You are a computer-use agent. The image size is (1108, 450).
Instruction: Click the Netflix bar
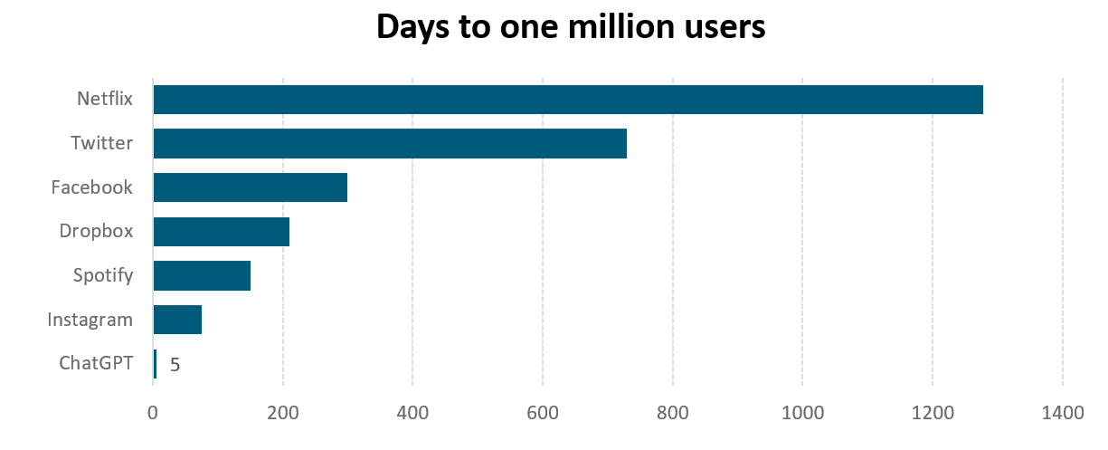click(x=568, y=100)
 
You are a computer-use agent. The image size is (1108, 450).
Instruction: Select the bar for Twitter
click(x=390, y=144)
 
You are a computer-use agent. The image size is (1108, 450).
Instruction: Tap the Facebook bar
click(x=251, y=187)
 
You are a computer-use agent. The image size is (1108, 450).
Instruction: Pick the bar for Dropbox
click(x=222, y=232)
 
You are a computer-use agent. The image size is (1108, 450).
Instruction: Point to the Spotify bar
click(x=202, y=275)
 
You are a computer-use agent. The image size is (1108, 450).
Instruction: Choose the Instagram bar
click(x=177, y=320)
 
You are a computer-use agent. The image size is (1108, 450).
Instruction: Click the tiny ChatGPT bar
click(x=155, y=364)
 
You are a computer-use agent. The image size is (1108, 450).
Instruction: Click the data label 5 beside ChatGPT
click(x=175, y=366)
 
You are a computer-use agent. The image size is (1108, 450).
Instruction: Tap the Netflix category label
click(x=105, y=100)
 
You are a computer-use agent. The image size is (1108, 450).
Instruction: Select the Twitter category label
click(x=102, y=144)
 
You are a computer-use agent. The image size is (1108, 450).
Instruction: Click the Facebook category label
click(x=92, y=188)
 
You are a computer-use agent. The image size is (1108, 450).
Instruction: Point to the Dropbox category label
click(x=96, y=232)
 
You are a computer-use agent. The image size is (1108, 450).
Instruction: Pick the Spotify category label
click(x=103, y=275)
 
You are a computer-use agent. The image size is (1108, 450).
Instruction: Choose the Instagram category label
click(x=90, y=321)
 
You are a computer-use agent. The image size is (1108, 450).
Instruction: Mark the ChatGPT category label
click(x=96, y=364)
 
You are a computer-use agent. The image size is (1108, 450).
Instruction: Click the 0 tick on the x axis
click(x=153, y=414)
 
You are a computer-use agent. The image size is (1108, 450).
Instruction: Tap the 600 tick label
click(x=543, y=414)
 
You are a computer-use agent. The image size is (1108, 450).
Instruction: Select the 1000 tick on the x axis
click(x=802, y=414)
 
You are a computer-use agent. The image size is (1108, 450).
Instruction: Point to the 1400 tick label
click(x=1062, y=414)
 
